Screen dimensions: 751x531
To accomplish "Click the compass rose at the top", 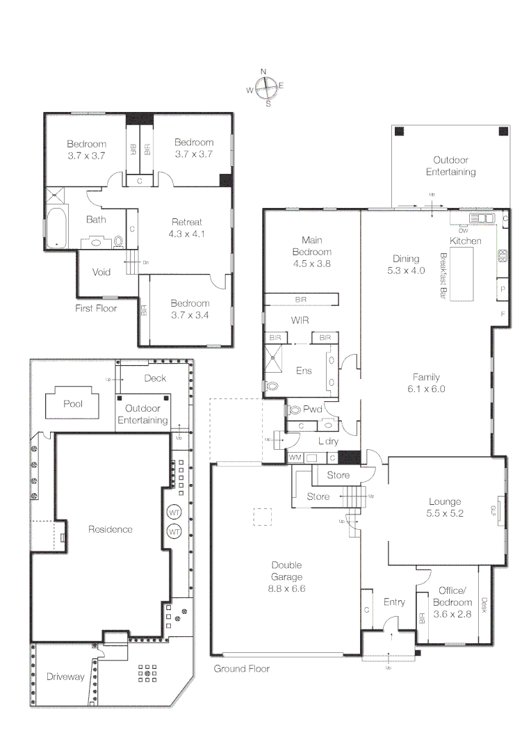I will click(x=265, y=88).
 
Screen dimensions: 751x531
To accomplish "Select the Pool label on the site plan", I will click(x=73, y=403).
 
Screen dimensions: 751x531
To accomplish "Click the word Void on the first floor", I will click(x=101, y=272).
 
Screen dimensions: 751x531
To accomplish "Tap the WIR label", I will click(x=300, y=321).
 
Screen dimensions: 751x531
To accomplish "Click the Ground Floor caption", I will click(x=241, y=668).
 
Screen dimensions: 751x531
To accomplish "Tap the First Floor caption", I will click(x=96, y=308).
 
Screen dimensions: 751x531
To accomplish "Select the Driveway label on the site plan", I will click(x=65, y=676).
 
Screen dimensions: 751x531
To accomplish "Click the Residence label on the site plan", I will click(x=110, y=529).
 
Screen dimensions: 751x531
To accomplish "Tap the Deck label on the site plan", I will click(x=154, y=378).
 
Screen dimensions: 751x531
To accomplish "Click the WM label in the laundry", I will click(x=295, y=458).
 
